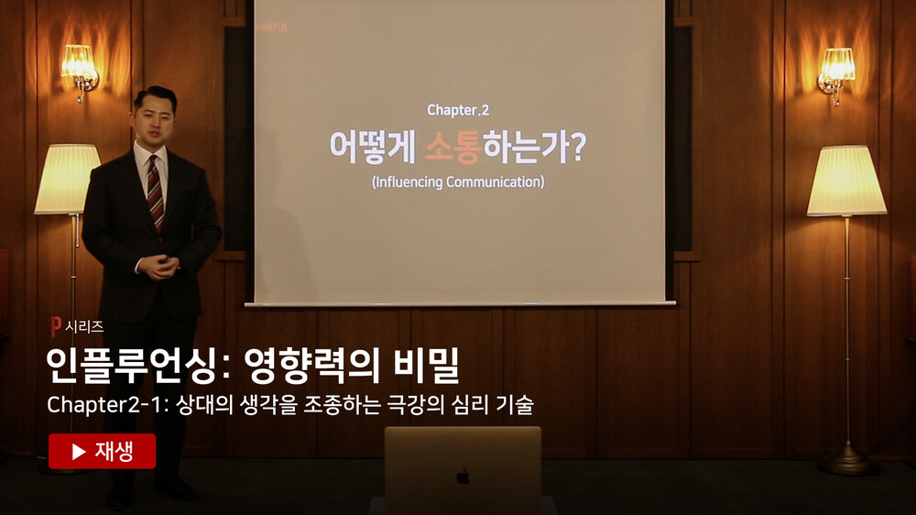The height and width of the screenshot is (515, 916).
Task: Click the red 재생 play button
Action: click(103, 451)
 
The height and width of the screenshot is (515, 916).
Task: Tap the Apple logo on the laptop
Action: click(463, 477)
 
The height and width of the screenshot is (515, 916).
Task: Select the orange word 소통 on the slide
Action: click(453, 147)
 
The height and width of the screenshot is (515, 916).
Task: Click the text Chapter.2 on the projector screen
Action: click(458, 110)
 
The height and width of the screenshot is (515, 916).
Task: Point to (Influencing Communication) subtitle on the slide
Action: click(458, 181)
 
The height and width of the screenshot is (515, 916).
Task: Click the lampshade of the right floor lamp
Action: click(845, 181)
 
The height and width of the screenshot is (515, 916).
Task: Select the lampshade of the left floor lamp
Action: click(68, 179)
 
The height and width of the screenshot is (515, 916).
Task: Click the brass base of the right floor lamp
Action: click(847, 460)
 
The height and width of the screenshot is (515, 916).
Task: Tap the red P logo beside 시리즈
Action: click(56, 326)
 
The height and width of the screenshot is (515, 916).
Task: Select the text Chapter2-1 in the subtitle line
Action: click(104, 404)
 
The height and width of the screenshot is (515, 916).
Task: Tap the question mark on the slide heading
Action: click(576, 148)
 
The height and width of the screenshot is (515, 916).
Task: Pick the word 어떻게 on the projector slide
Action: click(373, 147)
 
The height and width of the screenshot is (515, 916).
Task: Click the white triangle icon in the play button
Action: click(79, 451)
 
